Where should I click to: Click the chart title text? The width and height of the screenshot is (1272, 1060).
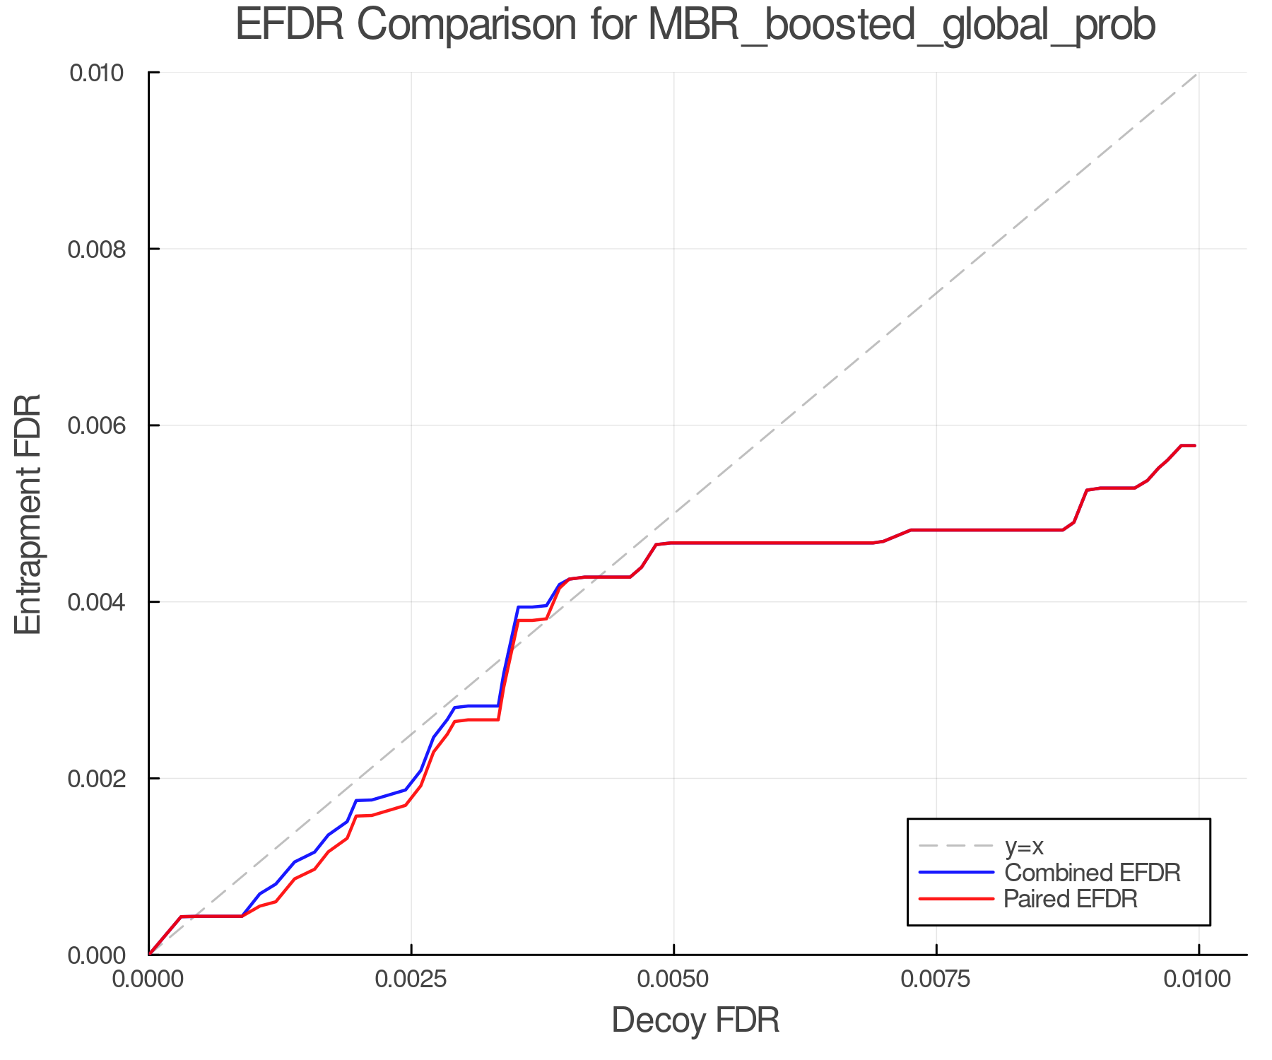coord(695,25)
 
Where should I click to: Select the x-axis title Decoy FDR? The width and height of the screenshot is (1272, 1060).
coord(695,1020)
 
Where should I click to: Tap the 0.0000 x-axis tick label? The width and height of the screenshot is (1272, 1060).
coord(148,979)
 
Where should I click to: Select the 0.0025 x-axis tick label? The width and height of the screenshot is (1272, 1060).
coord(411,979)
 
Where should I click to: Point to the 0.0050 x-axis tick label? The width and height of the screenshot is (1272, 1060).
coord(673,979)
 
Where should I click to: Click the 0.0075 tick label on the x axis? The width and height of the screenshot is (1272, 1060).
coord(936,979)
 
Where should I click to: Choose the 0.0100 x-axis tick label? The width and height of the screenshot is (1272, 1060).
coord(1199,979)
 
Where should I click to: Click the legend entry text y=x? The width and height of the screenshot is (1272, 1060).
coord(1024,846)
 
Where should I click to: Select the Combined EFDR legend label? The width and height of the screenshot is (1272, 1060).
coord(1092,873)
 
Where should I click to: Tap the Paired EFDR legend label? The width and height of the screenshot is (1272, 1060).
coord(1071,899)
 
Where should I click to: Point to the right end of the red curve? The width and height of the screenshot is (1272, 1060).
coord(1195,446)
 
